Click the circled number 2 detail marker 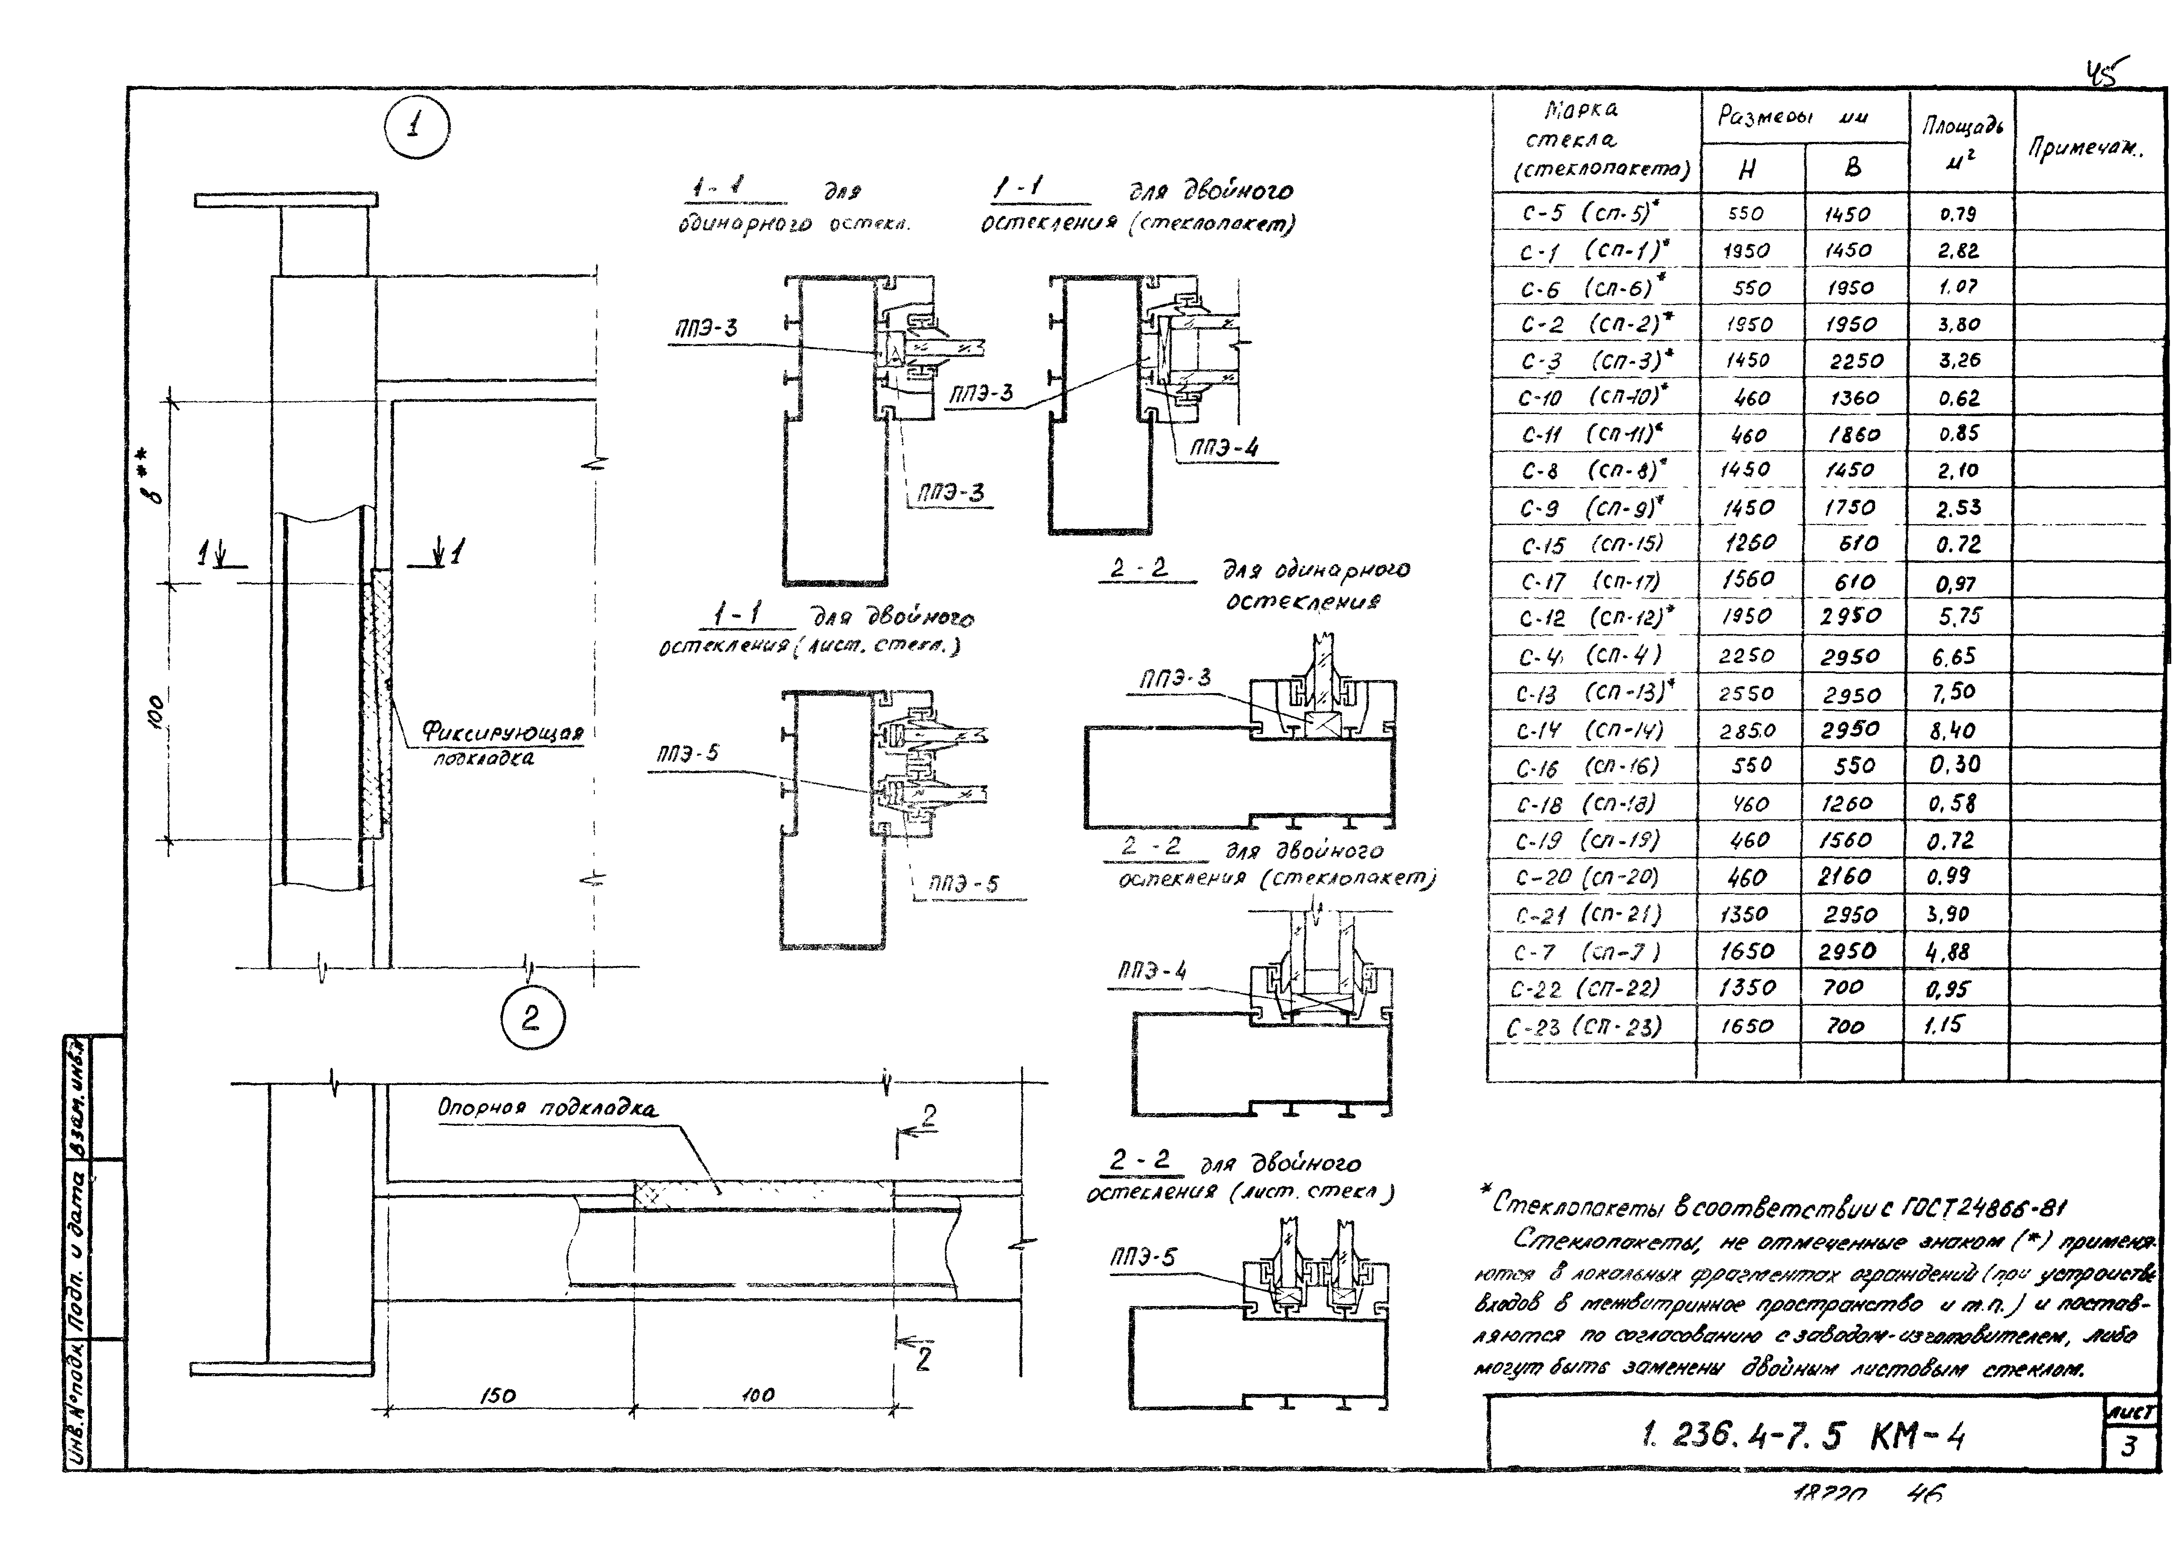(x=532, y=1019)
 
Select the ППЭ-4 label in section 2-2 (x=1152, y=972)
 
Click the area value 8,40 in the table (x=1953, y=731)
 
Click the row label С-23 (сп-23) (x=1584, y=1027)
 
